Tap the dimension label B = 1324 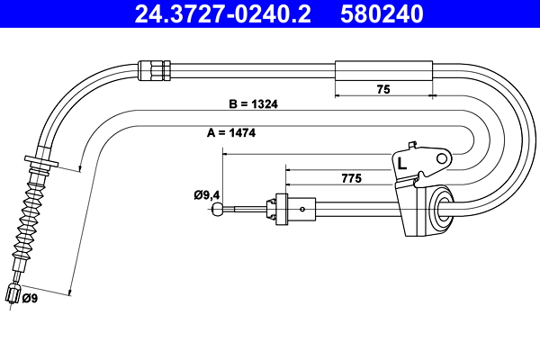253,103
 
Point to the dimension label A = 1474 230,132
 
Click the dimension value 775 352,179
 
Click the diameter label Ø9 30,298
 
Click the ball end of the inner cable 218,211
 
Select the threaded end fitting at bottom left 13,294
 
